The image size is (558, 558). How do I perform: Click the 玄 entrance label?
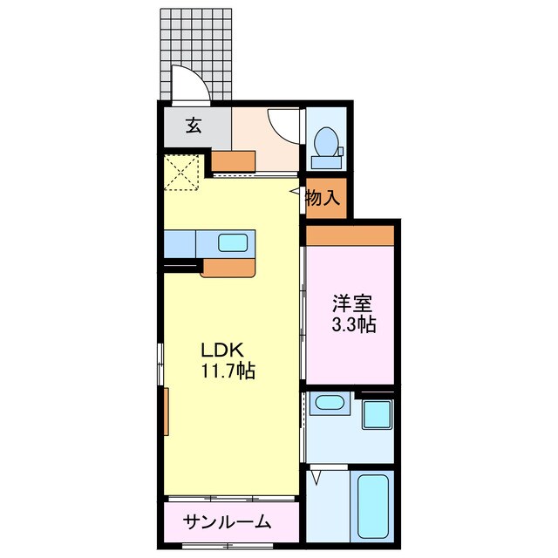click(x=194, y=125)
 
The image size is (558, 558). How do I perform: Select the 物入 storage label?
click(x=322, y=198)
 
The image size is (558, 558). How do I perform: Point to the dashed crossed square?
click(x=184, y=172)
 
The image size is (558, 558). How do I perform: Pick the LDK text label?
click(x=221, y=350)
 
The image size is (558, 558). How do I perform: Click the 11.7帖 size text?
click(x=228, y=371)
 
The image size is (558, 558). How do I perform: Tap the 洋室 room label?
click(x=352, y=304)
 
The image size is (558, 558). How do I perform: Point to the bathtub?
click(x=372, y=506)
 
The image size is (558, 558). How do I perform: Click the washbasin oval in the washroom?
click(x=329, y=403)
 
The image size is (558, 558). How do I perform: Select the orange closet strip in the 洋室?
click(x=350, y=235)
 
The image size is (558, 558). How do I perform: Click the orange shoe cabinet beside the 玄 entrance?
click(x=235, y=160)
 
